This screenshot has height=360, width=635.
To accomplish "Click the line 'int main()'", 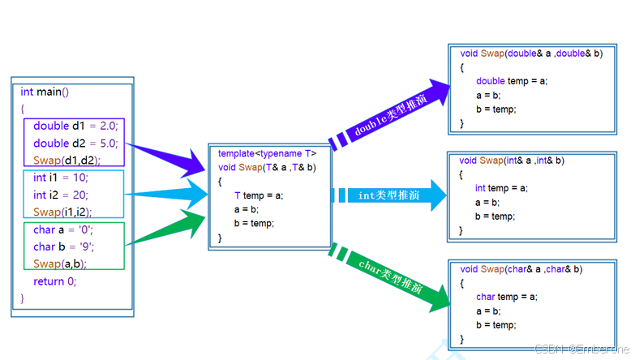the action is [x=45, y=92].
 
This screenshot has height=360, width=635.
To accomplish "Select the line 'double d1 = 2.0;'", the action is [x=75, y=126].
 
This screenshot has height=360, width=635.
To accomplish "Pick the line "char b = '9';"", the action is [x=65, y=246].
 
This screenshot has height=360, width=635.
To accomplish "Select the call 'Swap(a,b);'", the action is [x=59, y=264].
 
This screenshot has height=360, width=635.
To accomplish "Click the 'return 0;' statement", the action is [x=54, y=281].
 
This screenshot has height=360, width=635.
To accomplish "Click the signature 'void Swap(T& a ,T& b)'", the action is [x=267, y=167].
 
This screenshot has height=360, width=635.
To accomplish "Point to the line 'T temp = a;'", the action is [x=258, y=195].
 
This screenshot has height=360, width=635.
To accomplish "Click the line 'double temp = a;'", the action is [x=512, y=81].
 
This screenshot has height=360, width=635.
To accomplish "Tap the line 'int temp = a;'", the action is [x=501, y=188].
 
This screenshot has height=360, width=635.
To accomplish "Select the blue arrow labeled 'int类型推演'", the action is [x=389, y=195].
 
